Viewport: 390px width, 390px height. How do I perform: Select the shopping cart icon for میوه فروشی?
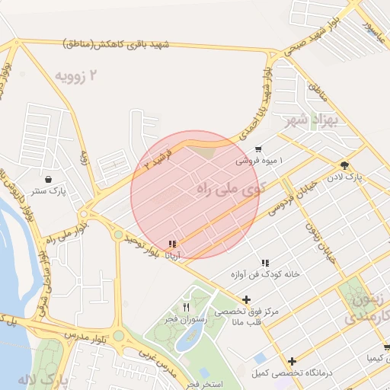(259, 149)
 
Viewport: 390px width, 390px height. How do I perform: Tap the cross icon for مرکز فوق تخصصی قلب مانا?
(245, 300)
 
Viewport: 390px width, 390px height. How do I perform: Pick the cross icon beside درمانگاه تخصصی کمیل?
(292, 360)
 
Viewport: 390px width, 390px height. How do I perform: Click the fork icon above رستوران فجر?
(185, 307)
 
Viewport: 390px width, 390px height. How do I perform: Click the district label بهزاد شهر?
(310, 120)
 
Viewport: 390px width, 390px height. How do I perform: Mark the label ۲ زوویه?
(77, 75)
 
